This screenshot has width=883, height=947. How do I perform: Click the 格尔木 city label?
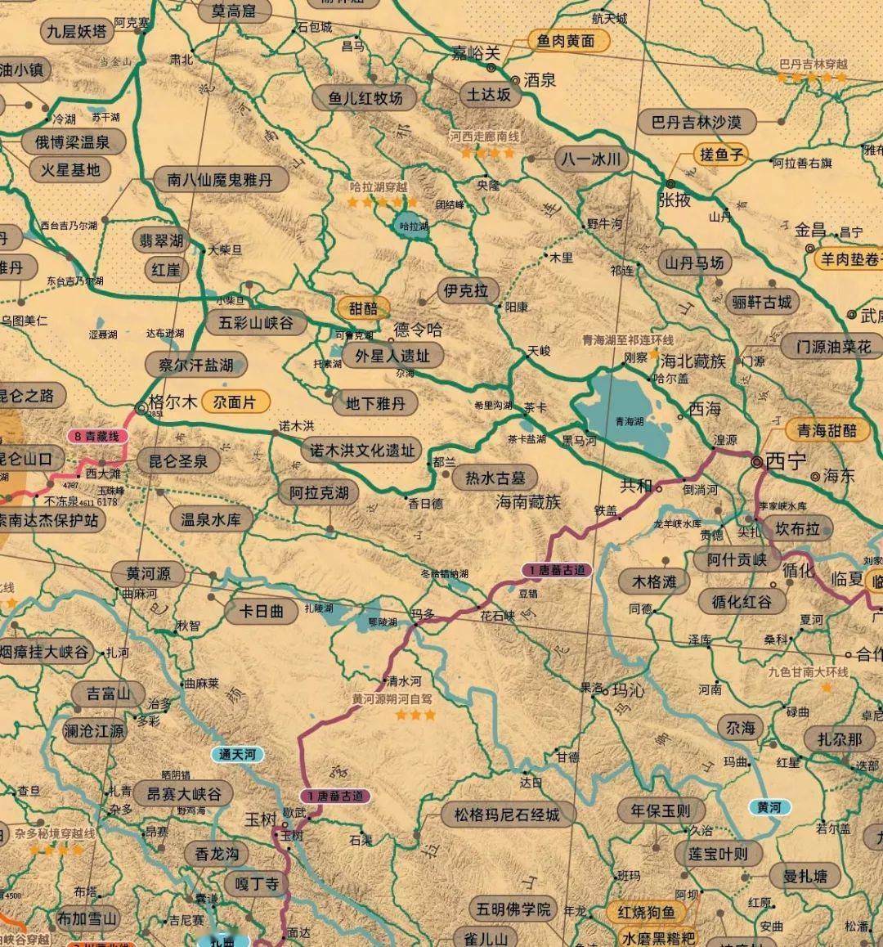coord(173,402)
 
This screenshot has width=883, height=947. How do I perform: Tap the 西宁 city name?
coord(786,460)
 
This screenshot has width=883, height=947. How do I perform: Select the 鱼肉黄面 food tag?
coord(567,41)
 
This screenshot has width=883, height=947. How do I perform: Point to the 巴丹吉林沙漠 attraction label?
coord(696,123)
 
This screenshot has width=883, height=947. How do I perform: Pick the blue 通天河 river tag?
coord(237,754)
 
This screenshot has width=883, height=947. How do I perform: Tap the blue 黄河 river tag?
coord(769,807)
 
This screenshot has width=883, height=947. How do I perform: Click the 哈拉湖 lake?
coord(412,225)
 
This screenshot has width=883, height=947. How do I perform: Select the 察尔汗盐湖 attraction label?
coord(195,365)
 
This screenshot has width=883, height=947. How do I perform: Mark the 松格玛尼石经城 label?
coord(508,815)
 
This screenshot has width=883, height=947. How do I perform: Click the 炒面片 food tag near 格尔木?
coord(235,402)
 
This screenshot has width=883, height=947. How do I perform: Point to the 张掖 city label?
coord(675,199)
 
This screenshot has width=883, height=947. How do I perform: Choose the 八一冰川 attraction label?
coord(591,159)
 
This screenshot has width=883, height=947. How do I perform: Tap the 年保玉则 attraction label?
coord(660,811)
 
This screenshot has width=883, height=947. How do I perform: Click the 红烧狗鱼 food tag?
coord(646,912)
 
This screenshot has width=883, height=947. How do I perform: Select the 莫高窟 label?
coord(233,11)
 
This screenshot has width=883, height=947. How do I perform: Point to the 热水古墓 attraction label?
coord(495,478)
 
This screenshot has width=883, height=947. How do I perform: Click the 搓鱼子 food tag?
coord(720,154)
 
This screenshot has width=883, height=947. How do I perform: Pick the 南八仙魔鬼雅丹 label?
coord(219,179)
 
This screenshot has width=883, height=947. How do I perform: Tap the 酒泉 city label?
coord(540,79)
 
